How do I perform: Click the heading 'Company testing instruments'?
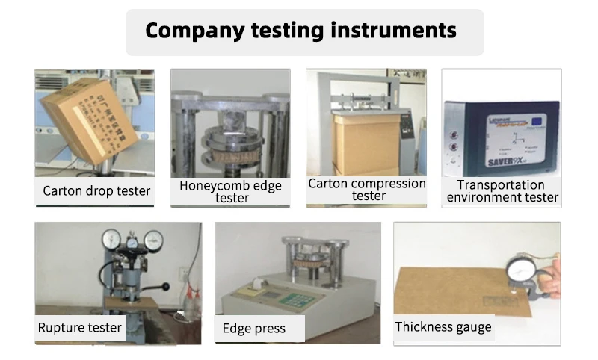coord(300,31)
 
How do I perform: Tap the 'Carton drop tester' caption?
coord(96,190)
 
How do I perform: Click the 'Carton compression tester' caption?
coord(367,189)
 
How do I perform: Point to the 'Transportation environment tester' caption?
coord(501,191)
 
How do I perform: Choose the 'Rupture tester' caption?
coord(79,327)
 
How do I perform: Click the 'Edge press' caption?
coord(253,329)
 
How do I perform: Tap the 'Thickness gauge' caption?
coord(443,326)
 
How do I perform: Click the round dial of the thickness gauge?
coord(521,272)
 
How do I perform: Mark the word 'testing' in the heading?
coord(288,31)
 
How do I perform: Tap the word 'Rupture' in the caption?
coord(60,327)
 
